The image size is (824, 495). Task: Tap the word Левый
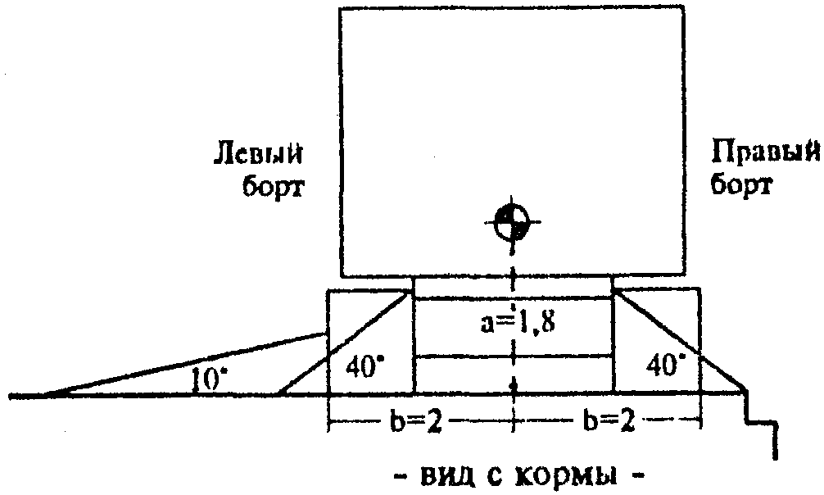coord(260,153)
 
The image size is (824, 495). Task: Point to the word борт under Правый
coord(741,187)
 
